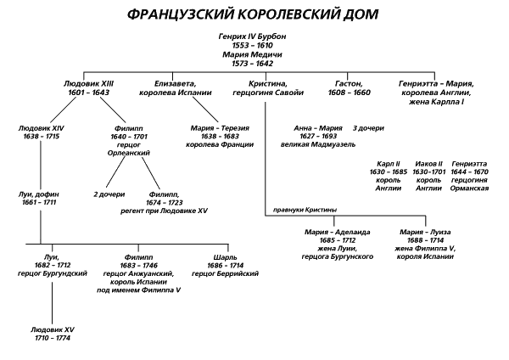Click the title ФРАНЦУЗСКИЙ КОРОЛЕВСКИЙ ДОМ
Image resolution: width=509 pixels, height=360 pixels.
pos(254,15)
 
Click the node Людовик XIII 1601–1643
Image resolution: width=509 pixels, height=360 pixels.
pos(87,88)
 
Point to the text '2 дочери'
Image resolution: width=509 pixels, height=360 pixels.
pos(109,194)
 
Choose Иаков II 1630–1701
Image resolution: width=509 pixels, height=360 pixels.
pos(430,175)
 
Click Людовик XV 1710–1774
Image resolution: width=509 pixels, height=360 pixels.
pos(52,332)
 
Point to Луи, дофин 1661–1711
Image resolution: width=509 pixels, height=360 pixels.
pos(39,199)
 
